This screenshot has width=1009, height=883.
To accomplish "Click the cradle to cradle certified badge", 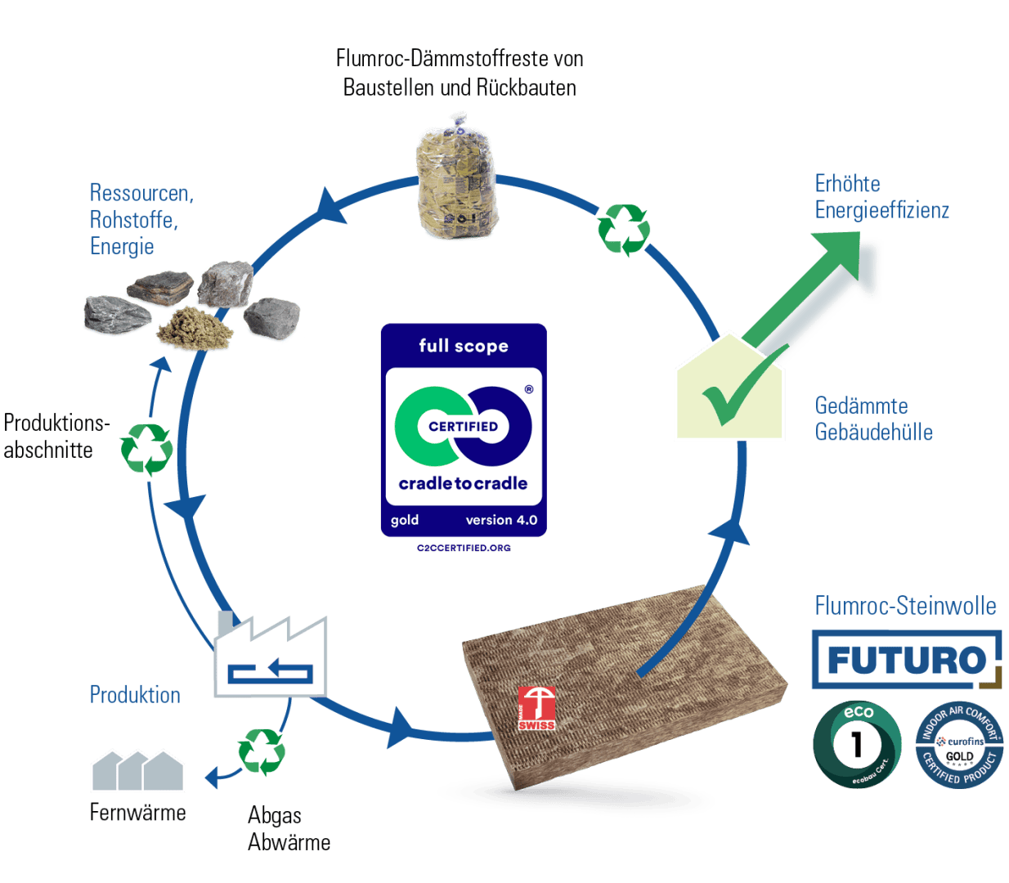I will [463, 429].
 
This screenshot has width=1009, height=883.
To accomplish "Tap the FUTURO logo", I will [906, 659].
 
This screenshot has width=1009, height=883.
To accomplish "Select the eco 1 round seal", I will [857, 744].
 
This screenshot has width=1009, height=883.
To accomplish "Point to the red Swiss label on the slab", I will [536, 709].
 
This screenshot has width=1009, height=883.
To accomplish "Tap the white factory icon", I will [271, 657].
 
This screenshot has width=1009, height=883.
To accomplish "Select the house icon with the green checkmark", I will [729, 390].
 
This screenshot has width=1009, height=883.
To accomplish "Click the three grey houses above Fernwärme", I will [137, 770].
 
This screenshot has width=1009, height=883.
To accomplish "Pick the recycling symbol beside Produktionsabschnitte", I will [146, 448].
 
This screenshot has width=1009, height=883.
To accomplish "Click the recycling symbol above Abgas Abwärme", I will [262, 751].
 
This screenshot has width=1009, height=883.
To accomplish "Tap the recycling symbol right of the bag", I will [624, 229].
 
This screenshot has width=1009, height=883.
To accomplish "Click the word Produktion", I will [135, 695].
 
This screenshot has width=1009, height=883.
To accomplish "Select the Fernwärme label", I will [138, 813].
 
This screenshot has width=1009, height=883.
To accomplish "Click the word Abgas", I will [275, 815].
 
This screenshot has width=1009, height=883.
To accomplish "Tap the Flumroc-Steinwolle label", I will [905, 606].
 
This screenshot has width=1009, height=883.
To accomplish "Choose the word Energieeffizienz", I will [882, 210].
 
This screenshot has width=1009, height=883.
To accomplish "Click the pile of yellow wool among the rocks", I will [194, 329].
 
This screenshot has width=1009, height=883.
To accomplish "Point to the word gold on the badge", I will [405, 520].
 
